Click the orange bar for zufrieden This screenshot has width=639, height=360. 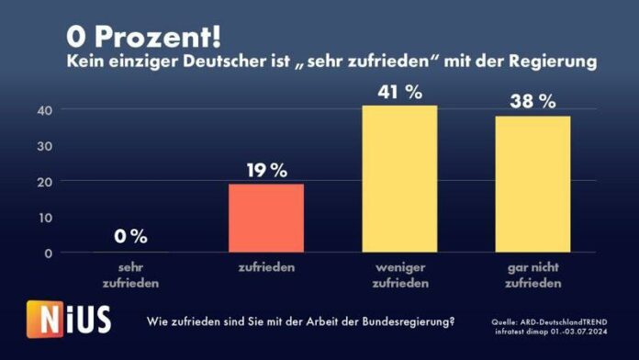[266, 218]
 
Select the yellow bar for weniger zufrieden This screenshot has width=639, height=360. [399, 179]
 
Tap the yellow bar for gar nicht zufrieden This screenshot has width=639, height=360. [532, 184]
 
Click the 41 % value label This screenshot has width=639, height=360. [399, 92]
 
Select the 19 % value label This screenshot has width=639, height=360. [266, 170]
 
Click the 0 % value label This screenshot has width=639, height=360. [131, 236]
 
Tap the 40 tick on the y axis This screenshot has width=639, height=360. [43, 110]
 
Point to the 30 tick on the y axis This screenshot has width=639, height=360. [43, 146]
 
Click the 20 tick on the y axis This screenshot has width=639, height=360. [43, 182]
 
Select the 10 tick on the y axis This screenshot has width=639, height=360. [43, 217]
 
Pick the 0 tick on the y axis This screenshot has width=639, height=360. [47, 253]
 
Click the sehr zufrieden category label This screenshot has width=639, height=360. [131, 275]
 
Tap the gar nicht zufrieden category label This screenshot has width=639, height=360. [532, 275]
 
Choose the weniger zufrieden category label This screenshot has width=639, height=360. [399, 275]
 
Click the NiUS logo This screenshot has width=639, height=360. [70, 321]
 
